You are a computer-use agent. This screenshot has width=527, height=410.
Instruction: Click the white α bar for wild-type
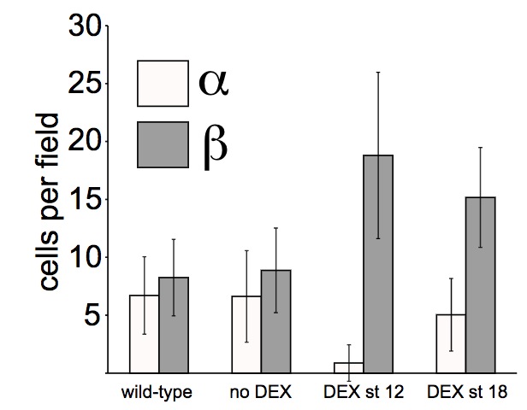coord(144,334)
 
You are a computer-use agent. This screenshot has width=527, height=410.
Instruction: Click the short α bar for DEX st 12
coord(349,368)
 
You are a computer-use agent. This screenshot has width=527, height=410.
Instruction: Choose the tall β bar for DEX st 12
coord(378,265)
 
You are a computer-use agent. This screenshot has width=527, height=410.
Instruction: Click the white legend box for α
coord(162,82)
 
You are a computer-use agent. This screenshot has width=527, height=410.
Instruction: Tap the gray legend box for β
coord(162,144)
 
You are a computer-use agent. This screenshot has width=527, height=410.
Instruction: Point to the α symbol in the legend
coord(213,83)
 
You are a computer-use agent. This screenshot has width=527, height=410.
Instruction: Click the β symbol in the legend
coord(214,144)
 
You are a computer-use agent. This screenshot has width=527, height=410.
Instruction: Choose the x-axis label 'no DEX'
coord(261,393)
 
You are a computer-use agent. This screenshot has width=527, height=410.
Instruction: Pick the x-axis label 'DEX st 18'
coord(467,393)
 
